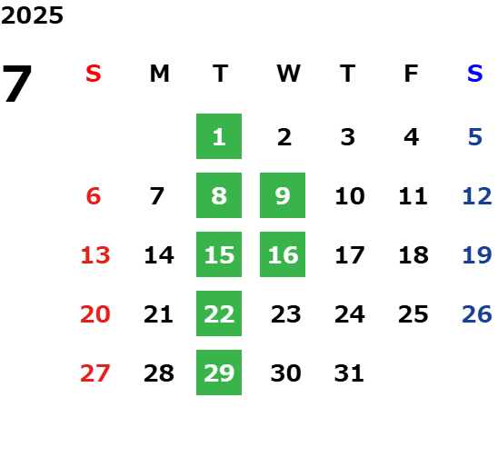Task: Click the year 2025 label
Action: click(32, 15)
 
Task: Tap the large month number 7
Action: click(17, 84)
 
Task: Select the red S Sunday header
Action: click(94, 74)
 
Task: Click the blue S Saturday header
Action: click(475, 74)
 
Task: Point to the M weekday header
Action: click(159, 74)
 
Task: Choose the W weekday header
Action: click(288, 74)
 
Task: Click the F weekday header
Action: click(412, 74)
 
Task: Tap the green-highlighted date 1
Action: click(219, 136)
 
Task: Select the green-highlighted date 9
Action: click(283, 195)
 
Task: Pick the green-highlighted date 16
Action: click(283, 254)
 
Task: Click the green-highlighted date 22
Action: click(219, 313)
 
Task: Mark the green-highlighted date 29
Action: click(219, 373)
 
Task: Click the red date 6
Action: click(94, 196)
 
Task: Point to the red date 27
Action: click(95, 373)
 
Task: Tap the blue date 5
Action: click(475, 137)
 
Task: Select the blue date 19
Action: click(477, 255)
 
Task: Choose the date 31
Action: click(349, 373)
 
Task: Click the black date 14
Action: click(159, 255)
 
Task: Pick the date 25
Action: click(413, 314)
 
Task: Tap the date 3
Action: click(348, 137)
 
